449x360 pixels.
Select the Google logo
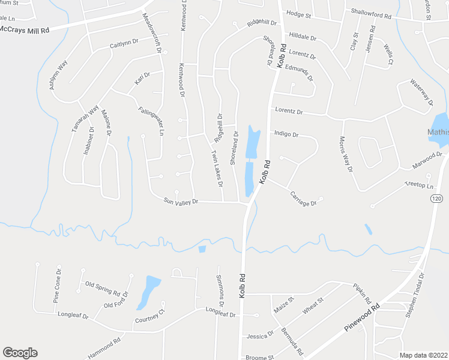tap(20, 353)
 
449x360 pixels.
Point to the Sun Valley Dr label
tap(181, 202)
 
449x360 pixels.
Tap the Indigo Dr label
tap(286, 134)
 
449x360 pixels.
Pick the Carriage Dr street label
tap(303, 199)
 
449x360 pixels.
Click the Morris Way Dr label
tap(346, 154)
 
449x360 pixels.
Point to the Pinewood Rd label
tap(363, 318)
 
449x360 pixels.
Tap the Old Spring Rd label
tap(103, 288)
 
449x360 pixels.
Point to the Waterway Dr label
tap(421, 92)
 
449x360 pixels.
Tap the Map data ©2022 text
tap(423, 355)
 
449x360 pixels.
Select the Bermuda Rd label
tap(294, 342)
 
